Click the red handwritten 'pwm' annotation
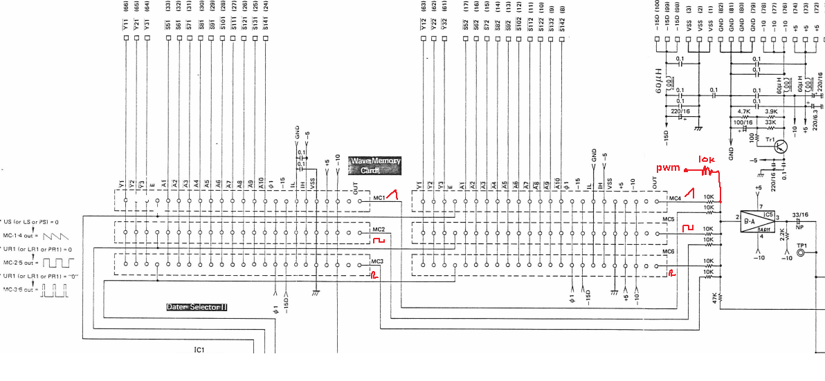pyautogui.click(x=669, y=169)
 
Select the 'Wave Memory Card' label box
pyautogui.click(x=375, y=165)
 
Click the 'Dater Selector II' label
pyautogui.click(x=197, y=306)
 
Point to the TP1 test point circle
pyautogui.click(x=802, y=253)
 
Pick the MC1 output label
pyautogui.click(x=379, y=198)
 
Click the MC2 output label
pyautogui.click(x=378, y=230)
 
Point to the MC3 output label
pyautogui.click(x=377, y=261)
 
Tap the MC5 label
pyautogui.click(x=668, y=219)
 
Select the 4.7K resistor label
pyautogui.click(x=744, y=111)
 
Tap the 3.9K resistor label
pyautogui.click(x=772, y=111)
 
